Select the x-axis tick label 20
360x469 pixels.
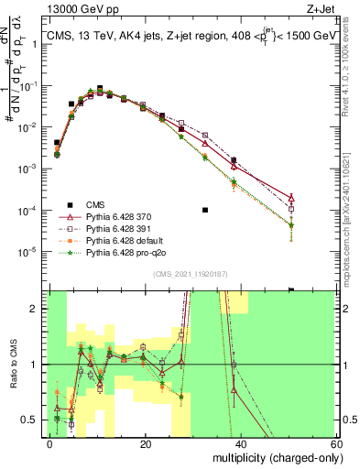145,443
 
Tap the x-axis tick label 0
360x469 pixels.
50,443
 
